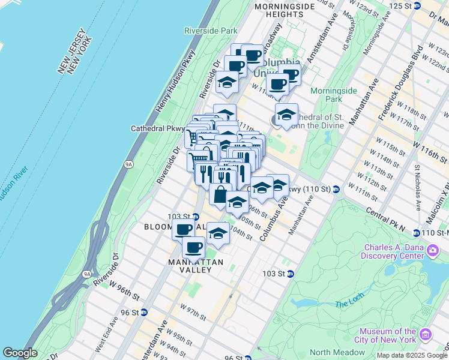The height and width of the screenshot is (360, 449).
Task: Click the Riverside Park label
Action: (211, 30)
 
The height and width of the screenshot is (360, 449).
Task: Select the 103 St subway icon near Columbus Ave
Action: (290, 274)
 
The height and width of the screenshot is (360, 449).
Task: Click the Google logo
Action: (20, 353)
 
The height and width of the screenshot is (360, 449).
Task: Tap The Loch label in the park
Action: (349, 304)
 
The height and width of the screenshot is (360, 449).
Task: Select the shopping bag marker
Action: (220, 194)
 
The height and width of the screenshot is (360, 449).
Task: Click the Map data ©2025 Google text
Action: (411, 355)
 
